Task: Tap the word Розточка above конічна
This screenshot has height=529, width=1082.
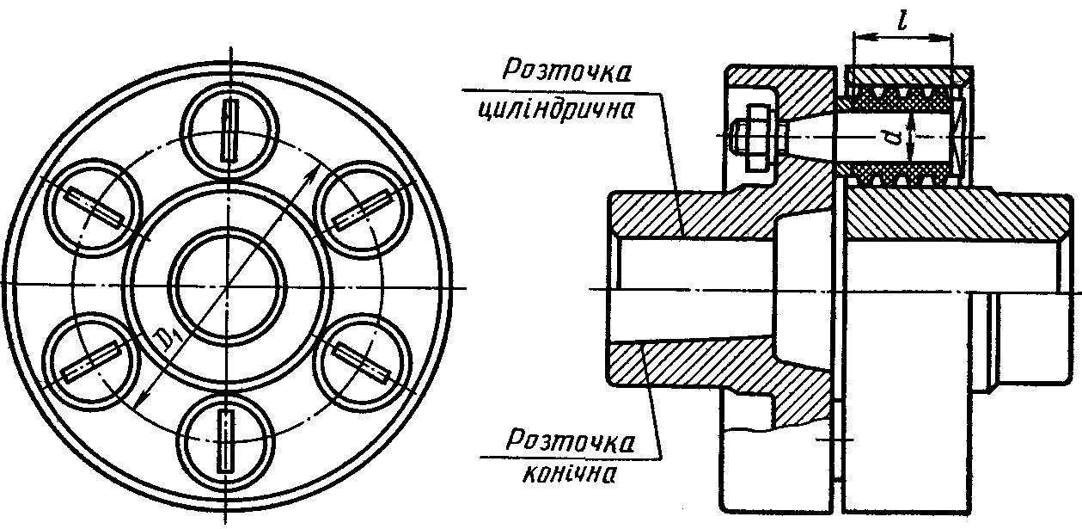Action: point(568,441)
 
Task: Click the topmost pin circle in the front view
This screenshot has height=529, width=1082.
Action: point(229,128)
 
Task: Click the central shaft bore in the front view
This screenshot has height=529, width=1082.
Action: point(229,285)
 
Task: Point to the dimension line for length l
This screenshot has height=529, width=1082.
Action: point(902,38)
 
